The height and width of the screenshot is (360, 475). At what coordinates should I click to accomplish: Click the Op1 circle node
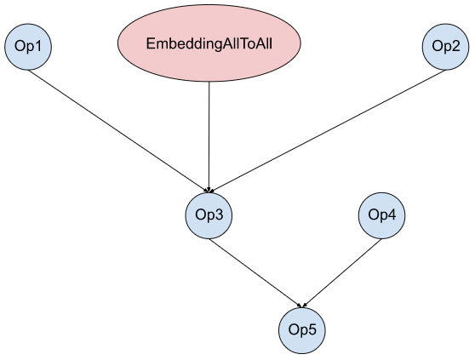click(28, 47)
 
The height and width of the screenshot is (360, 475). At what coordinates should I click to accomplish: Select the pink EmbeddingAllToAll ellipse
click(209, 43)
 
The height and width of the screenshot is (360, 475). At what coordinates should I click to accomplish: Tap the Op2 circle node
click(445, 47)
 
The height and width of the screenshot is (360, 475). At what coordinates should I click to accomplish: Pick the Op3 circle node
click(209, 215)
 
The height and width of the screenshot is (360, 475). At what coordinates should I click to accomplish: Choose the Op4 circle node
click(381, 215)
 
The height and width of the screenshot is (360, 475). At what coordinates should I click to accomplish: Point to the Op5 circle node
click(302, 330)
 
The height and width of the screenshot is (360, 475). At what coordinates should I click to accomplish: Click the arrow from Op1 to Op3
click(119, 131)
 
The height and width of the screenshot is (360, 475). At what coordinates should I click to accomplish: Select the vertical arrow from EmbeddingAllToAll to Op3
click(209, 137)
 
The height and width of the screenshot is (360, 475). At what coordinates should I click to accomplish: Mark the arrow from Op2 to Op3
click(327, 131)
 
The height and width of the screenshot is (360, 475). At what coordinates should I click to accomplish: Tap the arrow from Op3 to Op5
click(255, 273)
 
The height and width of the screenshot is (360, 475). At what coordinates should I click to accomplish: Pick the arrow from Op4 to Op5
click(341, 273)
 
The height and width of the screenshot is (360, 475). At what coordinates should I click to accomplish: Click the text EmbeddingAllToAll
click(209, 43)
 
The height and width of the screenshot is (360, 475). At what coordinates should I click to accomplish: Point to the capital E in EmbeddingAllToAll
click(151, 43)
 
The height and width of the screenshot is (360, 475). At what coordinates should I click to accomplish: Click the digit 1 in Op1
click(37, 46)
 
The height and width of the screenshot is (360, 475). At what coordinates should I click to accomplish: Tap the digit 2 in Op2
click(455, 46)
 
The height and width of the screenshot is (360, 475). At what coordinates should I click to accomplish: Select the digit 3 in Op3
click(219, 214)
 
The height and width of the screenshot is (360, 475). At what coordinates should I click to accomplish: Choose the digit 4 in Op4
click(392, 214)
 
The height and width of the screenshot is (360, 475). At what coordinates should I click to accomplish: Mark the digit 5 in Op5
click(312, 329)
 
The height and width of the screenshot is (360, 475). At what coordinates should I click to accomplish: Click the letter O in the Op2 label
click(438, 46)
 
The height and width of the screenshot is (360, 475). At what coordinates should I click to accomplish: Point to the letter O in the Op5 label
click(294, 329)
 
